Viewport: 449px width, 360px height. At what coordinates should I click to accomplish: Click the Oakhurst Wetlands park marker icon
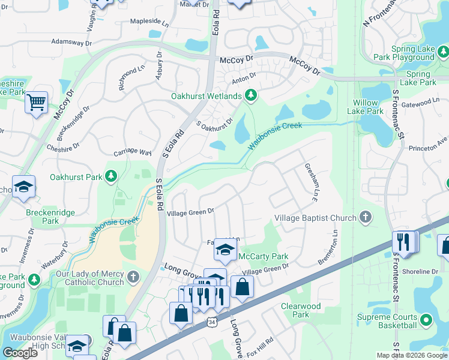pos(251,95)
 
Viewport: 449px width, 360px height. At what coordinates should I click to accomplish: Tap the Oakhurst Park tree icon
pos(110,176)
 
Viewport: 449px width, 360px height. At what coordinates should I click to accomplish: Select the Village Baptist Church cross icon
pos(365,218)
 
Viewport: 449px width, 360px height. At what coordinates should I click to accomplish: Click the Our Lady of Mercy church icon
pos(133,277)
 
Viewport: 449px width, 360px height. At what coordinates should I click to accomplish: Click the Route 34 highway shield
pos(211,323)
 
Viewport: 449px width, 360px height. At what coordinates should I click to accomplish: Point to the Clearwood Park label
pos(300,310)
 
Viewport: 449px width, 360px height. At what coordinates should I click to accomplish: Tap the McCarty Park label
pos(264,257)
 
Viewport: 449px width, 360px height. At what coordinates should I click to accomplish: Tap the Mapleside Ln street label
pos(149,22)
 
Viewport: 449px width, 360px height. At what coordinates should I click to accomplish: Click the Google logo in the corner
pos(20,353)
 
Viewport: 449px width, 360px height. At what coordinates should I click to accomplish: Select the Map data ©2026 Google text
pos(411,355)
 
